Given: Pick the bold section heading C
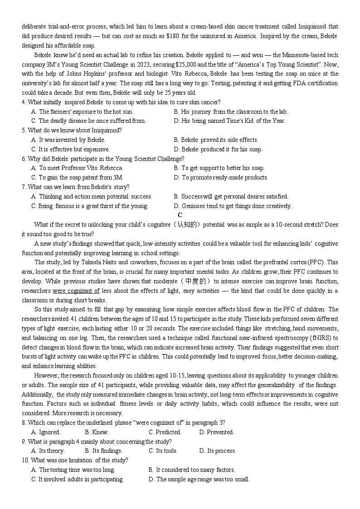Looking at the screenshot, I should tap(180, 215).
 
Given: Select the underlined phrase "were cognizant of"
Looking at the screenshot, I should tap(76, 291).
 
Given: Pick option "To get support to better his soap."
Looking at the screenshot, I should tap(223, 168).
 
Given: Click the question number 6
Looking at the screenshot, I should tap(24, 159).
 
